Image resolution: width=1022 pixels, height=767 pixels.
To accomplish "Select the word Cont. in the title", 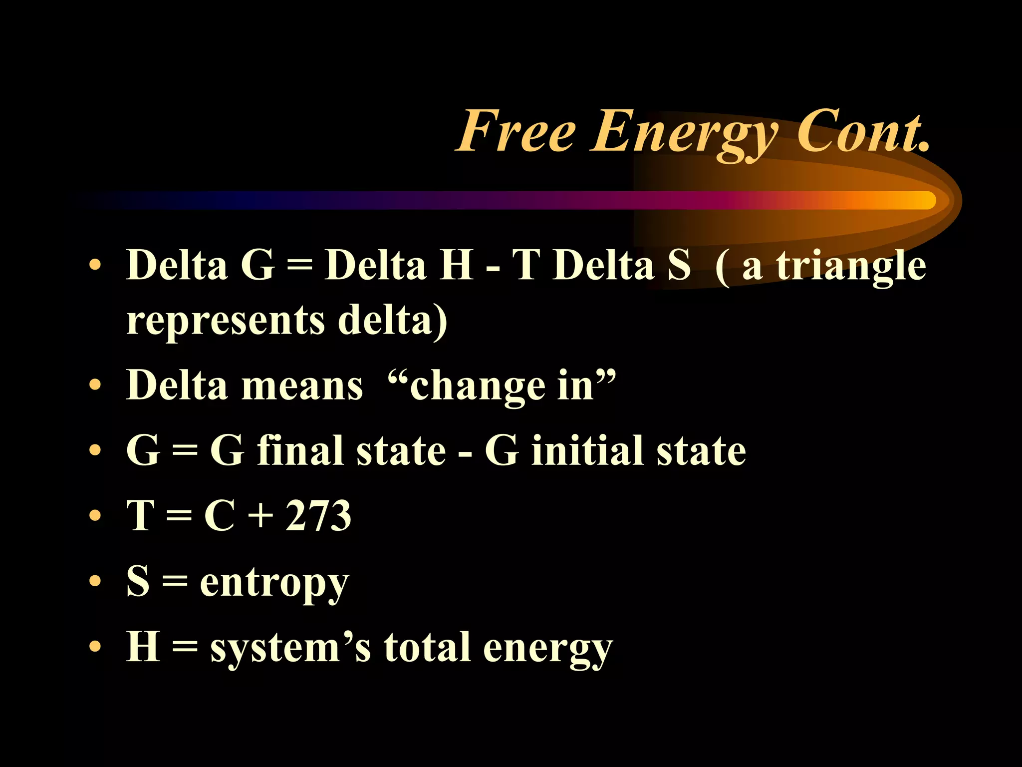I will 863,131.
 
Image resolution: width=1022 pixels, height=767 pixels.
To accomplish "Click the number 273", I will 318,515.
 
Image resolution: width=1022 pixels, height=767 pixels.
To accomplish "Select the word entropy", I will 274,582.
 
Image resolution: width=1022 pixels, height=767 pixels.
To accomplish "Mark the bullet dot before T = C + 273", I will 95,515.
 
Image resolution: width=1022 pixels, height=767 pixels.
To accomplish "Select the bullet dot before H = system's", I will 95,646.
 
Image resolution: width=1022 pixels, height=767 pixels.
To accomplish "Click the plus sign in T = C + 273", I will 260,516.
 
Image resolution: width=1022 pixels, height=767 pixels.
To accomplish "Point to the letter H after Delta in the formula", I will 456,265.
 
